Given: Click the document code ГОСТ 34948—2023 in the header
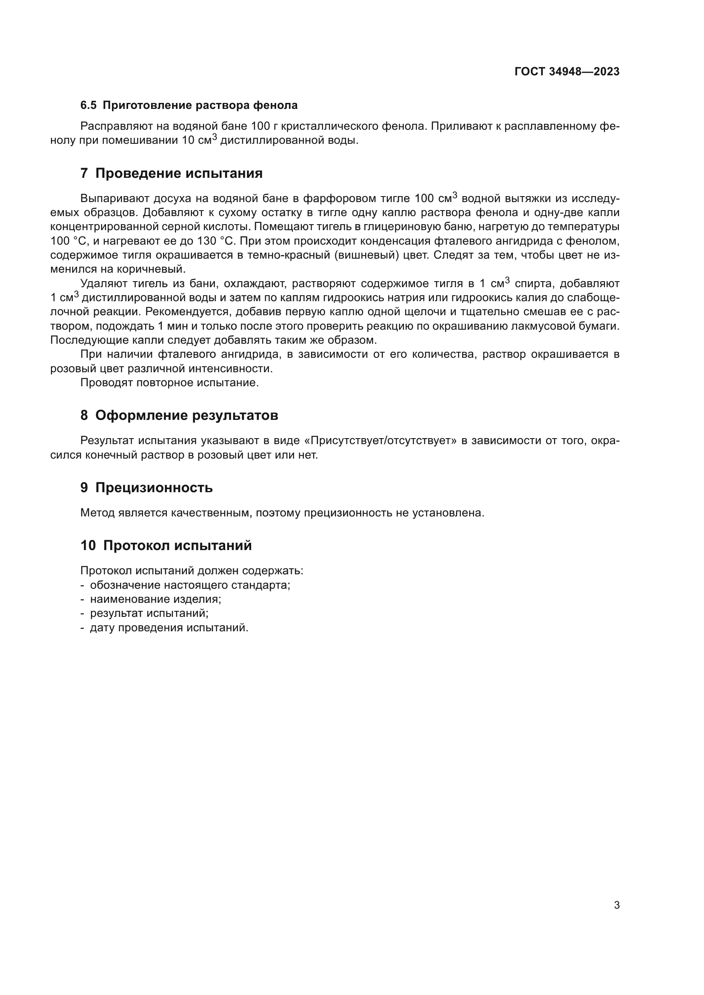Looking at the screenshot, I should pyautogui.click(x=567, y=72).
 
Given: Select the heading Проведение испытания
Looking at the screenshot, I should pyautogui.click(x=179, y=173).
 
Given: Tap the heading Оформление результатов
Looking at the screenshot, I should pyautogui.click(x=186, y=415).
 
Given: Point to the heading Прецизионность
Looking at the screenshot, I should pyautogui.click(x=154, y=488).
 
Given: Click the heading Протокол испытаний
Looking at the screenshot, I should pyautogui.click(x=177, y=545).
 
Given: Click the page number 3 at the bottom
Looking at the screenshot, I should pyautogui.click(x=616, y=905).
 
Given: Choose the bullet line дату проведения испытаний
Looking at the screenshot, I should pyautogui.click(x=169, y=628).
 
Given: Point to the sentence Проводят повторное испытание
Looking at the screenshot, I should pyautogui.click(x=169, y=383).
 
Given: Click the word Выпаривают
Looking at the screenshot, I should pyautogui.click(x=114, y=199).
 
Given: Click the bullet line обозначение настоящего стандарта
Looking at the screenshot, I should pyautogui.click(x=190, y=585).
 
